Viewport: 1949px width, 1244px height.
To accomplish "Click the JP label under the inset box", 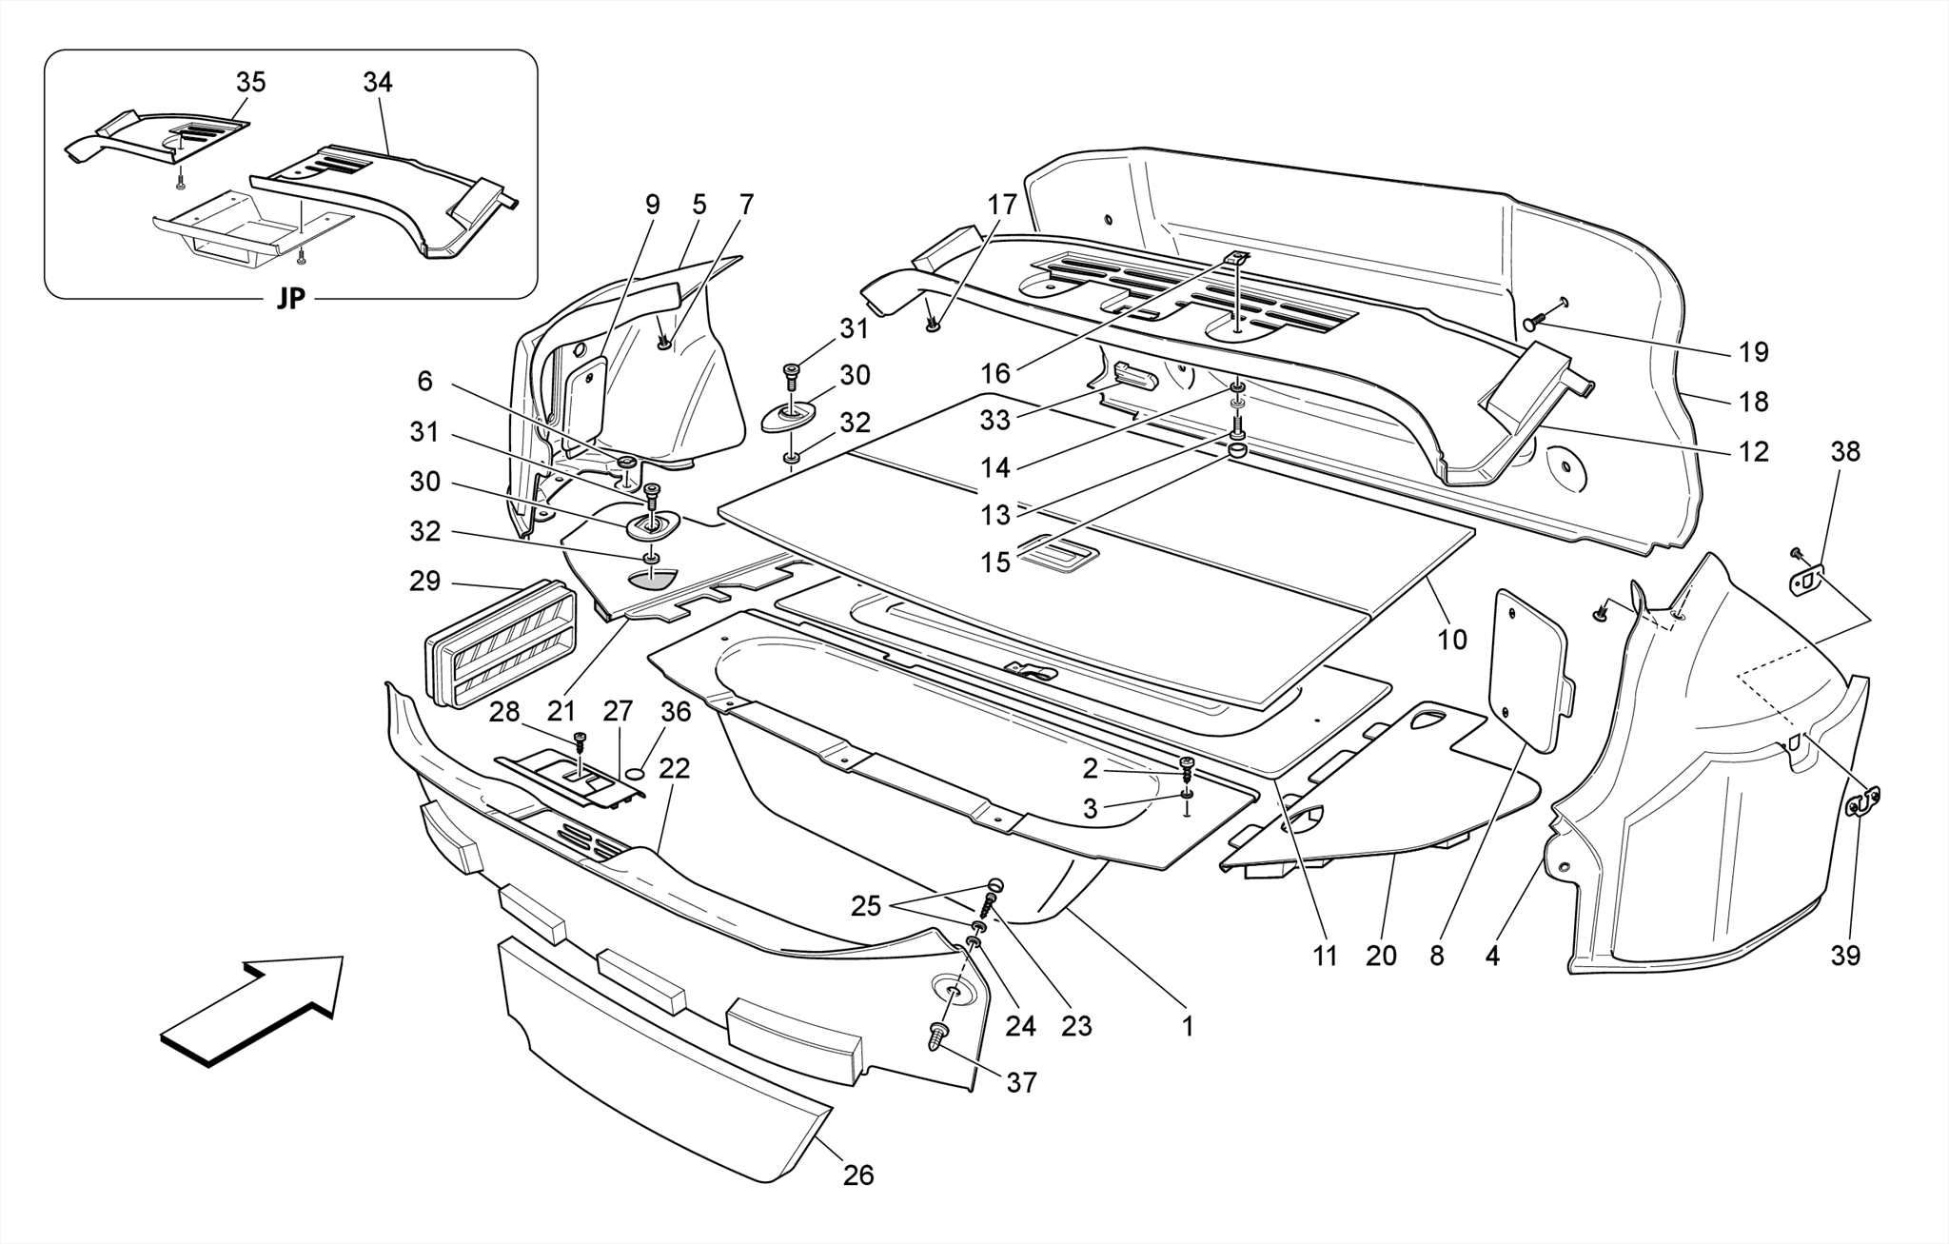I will click(290, 299).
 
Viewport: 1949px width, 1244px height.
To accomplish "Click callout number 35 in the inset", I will click(250, 83).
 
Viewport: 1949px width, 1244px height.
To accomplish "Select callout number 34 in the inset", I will click(377, 83).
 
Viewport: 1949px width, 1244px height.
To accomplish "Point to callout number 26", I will click(857, 1175).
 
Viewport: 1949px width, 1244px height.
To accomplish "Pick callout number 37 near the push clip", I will click(1021, 1083).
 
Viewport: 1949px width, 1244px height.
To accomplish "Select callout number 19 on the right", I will click(1753, 352).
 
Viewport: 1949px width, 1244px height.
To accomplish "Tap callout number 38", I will click(1844, 451).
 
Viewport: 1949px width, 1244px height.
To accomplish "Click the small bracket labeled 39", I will click(1862, 802).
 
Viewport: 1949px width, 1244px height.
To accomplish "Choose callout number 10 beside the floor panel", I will click(1451, 640).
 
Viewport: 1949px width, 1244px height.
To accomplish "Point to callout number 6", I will click(424, 382).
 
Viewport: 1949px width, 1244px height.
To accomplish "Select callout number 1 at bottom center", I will click(1187, 1026).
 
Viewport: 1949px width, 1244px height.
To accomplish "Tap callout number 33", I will click(995, 419).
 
